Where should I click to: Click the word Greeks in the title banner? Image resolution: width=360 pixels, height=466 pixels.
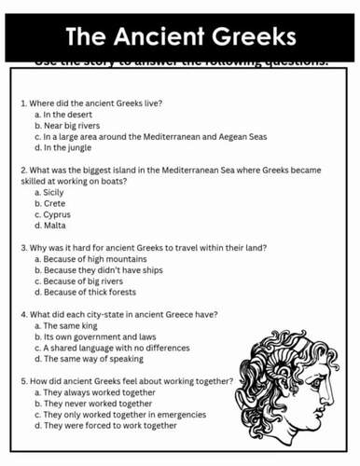coord(251,36)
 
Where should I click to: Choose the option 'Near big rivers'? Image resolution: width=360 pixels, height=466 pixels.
coord(71,124)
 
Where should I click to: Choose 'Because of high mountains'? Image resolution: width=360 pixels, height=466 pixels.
coord(93,258)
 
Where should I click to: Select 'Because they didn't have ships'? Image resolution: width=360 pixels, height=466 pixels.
coord(101,269)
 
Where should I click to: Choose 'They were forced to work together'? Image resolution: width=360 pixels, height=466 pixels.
coord(110,426)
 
